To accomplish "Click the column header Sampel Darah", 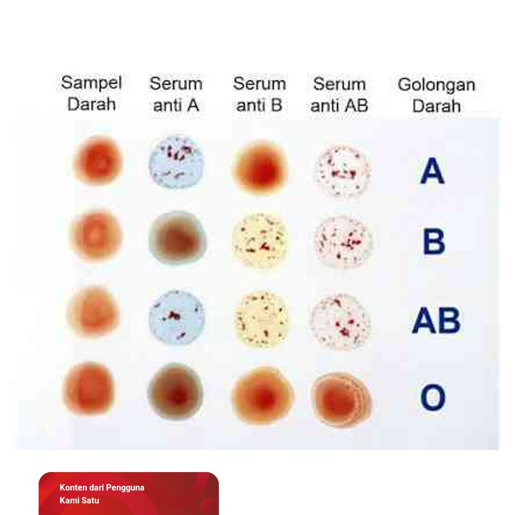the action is click(x=91, y=93).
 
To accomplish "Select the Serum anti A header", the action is click(x=176, y=94).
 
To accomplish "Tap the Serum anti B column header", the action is click(x=259, y=94).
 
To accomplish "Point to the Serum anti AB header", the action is click(x=339, y=94).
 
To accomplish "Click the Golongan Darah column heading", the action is click(x=436, y=95).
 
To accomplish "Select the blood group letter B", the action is click(x=434, y=242).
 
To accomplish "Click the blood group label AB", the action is click(x=436, y=320).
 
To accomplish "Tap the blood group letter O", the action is click(x=433, y=397).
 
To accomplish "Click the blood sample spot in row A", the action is click(x=98, y=161).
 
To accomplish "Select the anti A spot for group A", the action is click(x=176, y=163).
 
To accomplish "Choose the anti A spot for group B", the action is click(x=177, y=237).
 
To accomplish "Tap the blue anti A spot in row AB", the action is click(x=176, y=318).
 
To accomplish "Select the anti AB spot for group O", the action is click(x=342, y=399).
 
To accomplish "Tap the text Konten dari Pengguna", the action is click(x=102, y=488).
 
